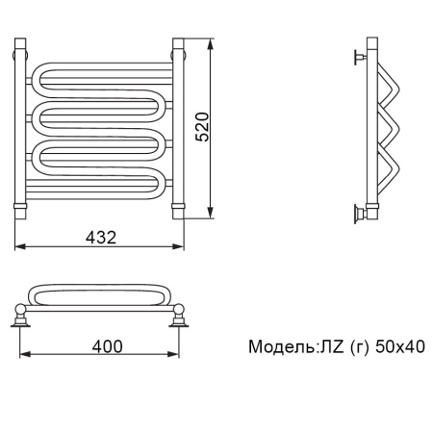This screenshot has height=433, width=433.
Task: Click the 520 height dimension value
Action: click(202, 127)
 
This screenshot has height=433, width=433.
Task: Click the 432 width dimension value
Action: click(101, 238)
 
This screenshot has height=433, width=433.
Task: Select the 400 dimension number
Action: click(108, 346)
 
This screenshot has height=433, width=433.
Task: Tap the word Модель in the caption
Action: click(281, 346)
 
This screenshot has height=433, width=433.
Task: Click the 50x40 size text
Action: click(400, 346)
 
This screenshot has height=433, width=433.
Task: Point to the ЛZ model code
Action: click(330, 346)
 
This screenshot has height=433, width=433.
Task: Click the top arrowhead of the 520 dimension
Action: click(210, 44)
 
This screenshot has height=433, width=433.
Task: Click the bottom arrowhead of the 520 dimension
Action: click(210, 214)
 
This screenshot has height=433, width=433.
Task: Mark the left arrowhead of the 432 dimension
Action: click(20, 246)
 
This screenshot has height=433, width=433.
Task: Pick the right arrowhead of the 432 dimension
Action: click(179, 246)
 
